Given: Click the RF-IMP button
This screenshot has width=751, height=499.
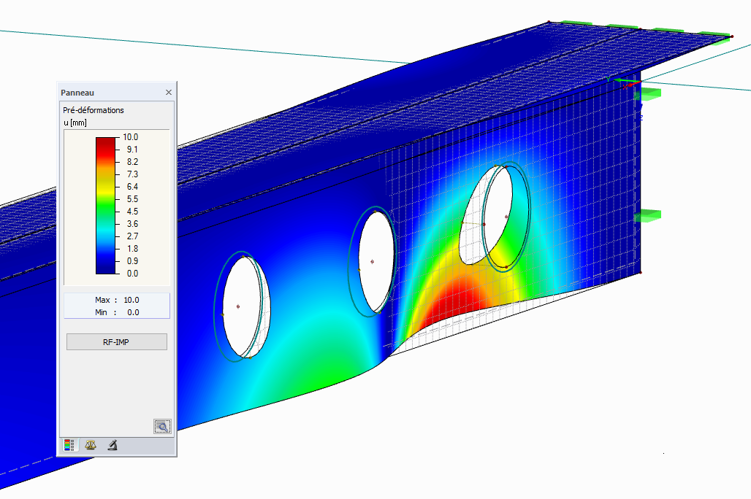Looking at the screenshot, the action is point(116,342).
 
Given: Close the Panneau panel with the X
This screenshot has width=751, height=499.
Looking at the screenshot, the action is point(169,93).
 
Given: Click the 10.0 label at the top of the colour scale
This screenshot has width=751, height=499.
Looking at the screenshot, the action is point(130,137).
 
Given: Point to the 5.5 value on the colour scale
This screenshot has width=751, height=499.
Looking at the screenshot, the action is point(132,199).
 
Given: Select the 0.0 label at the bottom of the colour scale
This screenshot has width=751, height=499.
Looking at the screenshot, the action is point(132,274).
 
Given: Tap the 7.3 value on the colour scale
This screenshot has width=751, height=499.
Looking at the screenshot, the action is point(132,174).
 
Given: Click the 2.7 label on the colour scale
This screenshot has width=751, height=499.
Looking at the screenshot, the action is point(132,236).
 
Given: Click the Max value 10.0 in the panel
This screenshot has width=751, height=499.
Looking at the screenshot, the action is point(131,300).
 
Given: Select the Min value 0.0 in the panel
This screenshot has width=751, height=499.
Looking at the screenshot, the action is point(133,312).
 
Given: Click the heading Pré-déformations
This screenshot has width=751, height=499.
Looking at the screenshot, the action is point(94,110).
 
